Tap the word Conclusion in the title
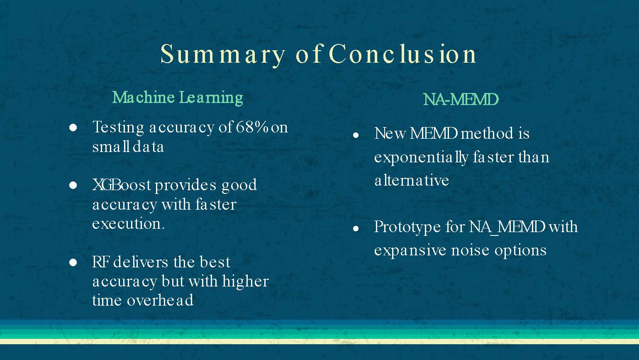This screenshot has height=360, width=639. point(403,54)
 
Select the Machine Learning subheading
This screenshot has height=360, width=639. point(178,98)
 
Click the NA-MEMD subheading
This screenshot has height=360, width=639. point(461,100)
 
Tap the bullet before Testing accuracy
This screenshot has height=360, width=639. point(73,127)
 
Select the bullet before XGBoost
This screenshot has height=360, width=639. point(73,185)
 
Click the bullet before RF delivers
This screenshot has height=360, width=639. point(73,262)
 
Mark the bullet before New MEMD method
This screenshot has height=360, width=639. point(356,135)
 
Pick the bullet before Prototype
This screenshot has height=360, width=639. point(356,228)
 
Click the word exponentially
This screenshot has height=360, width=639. point(421,157)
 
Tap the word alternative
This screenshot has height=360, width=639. point(412,180)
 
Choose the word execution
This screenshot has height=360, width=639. point(128,224)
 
